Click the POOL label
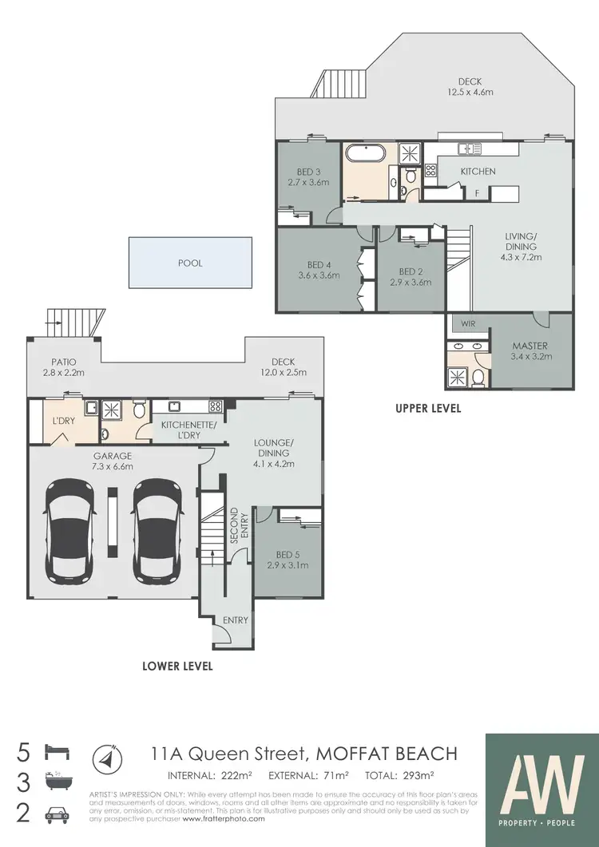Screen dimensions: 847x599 190,263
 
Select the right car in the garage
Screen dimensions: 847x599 157,530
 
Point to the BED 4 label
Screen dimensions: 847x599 318,270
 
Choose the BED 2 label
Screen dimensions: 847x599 409,276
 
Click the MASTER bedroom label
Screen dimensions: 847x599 530,351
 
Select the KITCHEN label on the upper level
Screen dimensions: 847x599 478,171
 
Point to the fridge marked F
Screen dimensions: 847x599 477,192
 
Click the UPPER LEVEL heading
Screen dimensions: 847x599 428,409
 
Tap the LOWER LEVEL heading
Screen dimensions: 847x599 177,666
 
